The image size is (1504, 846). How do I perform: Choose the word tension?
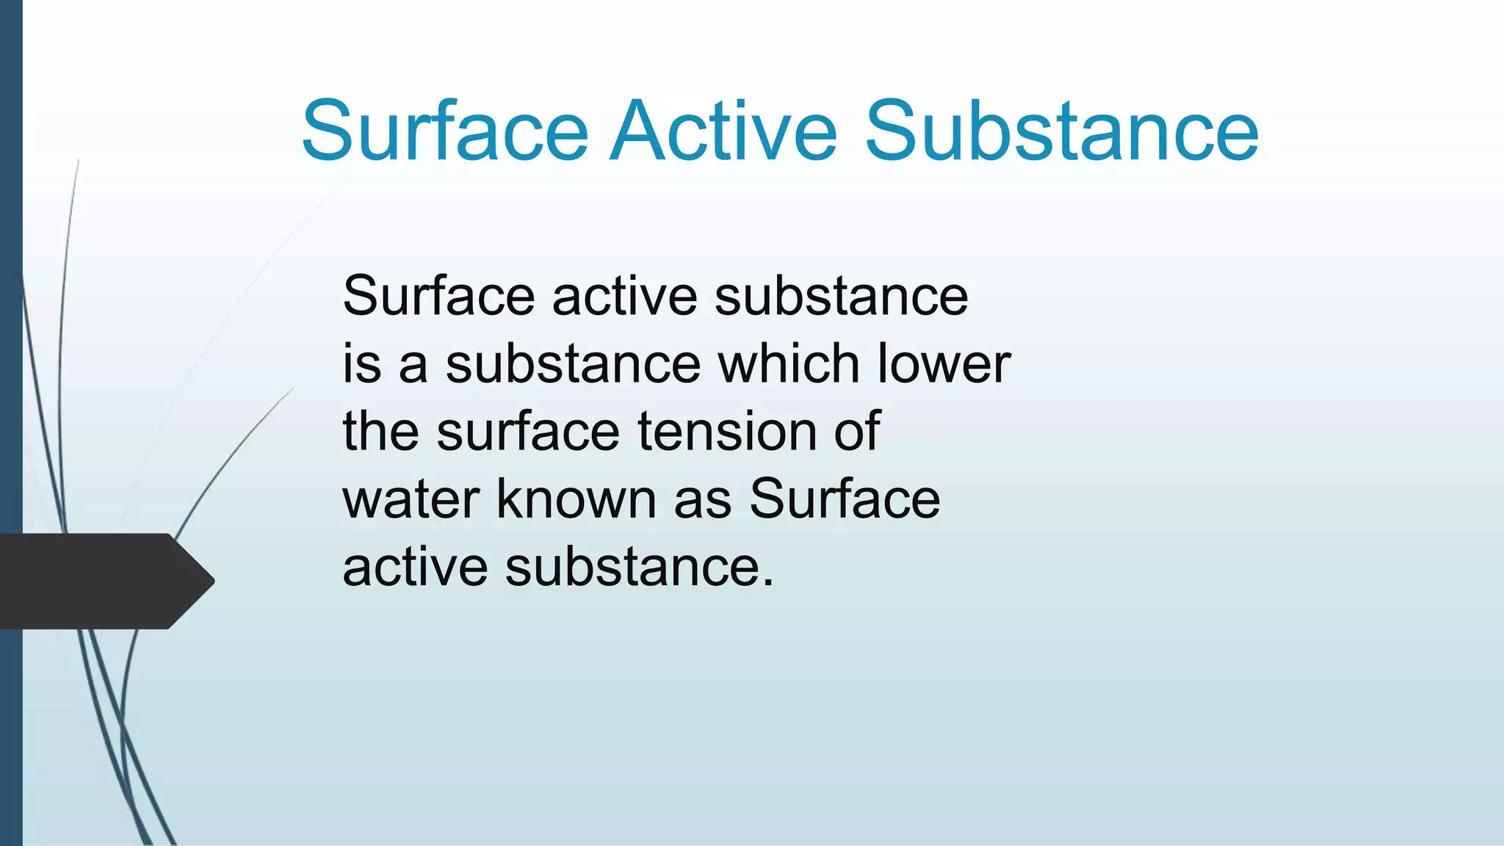(x=727, y=431)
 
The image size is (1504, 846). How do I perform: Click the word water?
(x=411, y=499)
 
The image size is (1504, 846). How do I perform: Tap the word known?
(x=576, y=499)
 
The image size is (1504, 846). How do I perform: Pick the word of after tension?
(x=856, y=431)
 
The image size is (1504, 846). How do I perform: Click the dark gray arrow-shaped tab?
(x=103, y=581)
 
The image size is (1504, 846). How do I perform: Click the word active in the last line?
(x=416, y=567)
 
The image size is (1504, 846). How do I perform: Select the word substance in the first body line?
(x=841, y=296)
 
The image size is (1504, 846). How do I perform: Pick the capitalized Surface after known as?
(x=845, y=499)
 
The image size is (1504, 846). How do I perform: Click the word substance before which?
(x=573, y=364)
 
